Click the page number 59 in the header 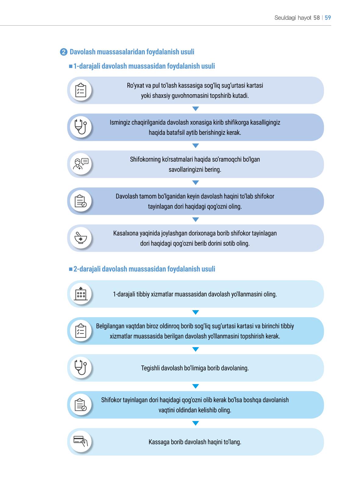click(328, 18)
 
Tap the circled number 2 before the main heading click(64, 52)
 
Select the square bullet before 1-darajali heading click(71, 66)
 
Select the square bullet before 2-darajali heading click(71, 269)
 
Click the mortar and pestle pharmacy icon click(81, 238)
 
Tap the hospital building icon click(81, 294)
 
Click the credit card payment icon click(81, 441)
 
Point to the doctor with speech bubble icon click(81, 164)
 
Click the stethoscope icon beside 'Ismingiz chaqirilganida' click(81, 127)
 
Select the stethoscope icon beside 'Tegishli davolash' click(81, 367)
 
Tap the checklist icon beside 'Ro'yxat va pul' click(81, 90)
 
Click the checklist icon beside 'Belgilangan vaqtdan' click(81, 331)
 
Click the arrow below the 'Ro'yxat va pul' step click(195, 109)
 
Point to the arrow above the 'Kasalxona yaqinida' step click(195, 220)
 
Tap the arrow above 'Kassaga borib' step click(195, 423)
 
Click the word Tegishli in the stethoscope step click(150, 368)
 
